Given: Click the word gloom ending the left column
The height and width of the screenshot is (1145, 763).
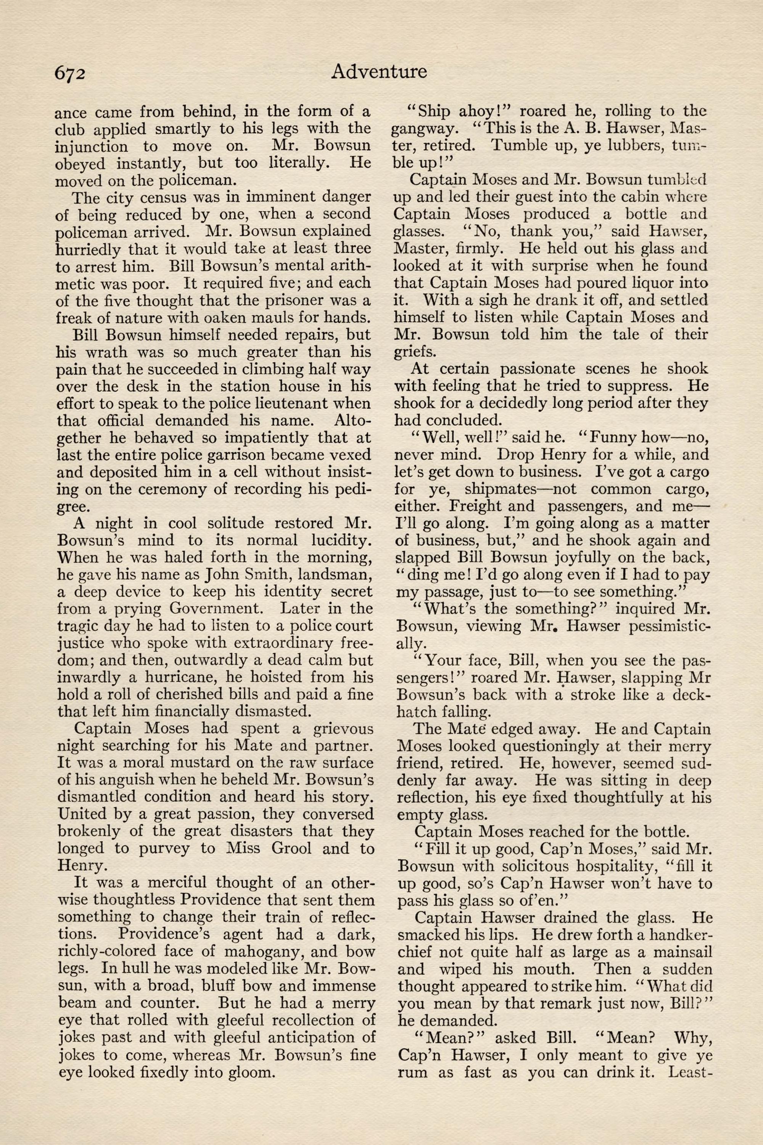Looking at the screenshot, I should point(246,1071).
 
